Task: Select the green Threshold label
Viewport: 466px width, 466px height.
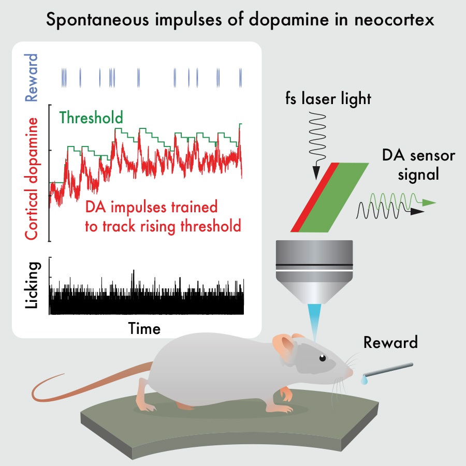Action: tap(91, 118)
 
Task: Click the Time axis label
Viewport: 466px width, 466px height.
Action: tap(144, 328)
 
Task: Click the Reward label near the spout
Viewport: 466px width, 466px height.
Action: tap(390, 343)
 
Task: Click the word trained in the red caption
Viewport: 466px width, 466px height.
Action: tap(192, 208)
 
